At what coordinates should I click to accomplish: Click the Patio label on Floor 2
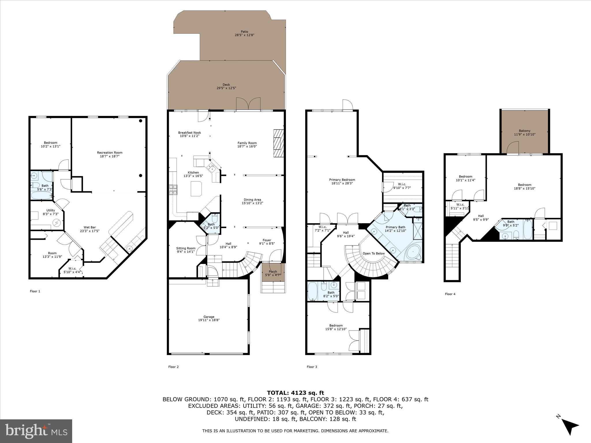pyautogui.click(x=244, y=32)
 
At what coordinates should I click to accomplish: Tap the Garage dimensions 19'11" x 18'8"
pyautogui.click(x=209, y=320)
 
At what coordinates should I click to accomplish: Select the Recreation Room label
pyautogui.click(x=110, y=153)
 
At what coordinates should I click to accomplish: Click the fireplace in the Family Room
pyautogui.click(x=278, y=143)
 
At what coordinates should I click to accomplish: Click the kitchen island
pyautogui.click(x=197, y=189)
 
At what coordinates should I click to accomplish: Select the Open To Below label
pyautogui.click(x=374, y=254)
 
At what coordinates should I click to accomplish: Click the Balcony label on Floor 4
pyautogui.click(x=524, y=131)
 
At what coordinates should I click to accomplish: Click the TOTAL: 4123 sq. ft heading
pyautogui.click(x=295, y=393)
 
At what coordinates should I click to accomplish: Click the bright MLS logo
pyautogui.click(x=36, y=431)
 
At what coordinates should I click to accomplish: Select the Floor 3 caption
pyautogui.click(x=312, y=367)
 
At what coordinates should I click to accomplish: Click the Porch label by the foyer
pyautogui.click(x=273, y=271)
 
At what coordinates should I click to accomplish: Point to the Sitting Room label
pyautogui.click(x=186, y=248)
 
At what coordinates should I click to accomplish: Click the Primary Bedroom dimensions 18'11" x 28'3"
pyautogui.click(x=342, y=183)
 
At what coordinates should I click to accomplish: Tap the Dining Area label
pyautogui.click(x=252, y=200)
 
